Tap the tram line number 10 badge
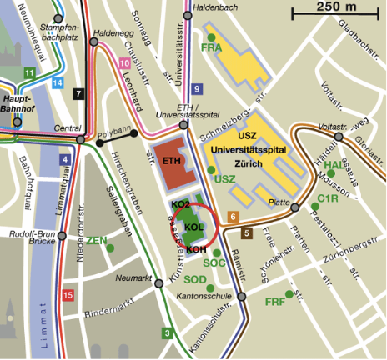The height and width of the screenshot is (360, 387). [124, 63]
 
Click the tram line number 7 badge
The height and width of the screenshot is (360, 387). [79, 93]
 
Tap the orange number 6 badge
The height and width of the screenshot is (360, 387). [233, 217]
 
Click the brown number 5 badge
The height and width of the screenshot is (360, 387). [246, 232]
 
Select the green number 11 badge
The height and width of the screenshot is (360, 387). [30, 74]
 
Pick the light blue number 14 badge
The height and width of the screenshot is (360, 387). [57, 83]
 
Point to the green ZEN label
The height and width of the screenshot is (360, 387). [98, 241]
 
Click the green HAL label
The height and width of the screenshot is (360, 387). [334, 165]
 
